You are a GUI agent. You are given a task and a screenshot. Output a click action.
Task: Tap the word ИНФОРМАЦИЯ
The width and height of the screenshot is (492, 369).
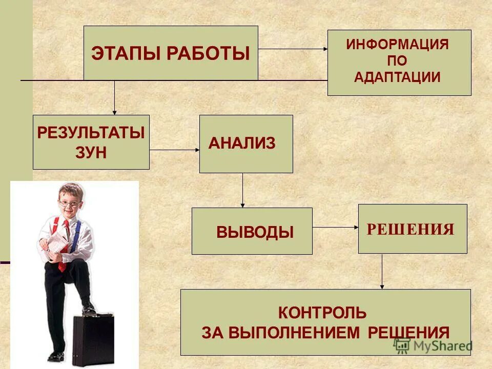coord(398,44)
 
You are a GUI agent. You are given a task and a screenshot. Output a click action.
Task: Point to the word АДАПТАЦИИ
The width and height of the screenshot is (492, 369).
coord(398,77)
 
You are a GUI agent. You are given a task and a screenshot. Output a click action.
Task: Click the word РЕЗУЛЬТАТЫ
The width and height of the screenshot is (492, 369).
coord(91,133)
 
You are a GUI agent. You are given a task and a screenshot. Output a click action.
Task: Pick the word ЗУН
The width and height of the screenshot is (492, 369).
coord(90,153)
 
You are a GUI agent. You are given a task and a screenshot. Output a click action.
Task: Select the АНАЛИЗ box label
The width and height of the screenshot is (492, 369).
coord(242,144)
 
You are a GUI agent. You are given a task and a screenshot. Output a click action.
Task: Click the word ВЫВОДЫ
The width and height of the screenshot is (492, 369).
coord(255,232)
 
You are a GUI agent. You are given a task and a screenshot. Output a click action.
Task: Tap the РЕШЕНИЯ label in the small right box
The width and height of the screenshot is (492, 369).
coord(411,229)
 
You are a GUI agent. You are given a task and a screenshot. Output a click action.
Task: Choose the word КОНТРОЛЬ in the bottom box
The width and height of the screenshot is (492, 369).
coord(322,311)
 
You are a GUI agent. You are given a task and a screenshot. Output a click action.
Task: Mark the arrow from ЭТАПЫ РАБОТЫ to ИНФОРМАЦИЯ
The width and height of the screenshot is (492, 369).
coord(292,49)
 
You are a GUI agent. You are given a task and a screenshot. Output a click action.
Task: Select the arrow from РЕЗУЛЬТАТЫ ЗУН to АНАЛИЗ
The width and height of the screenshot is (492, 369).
coord(174,150)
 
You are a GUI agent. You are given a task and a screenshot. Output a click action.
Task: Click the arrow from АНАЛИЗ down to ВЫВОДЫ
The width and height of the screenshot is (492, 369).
coord(243,190)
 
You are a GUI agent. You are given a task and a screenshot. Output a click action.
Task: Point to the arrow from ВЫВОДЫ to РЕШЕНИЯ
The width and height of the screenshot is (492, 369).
coord(335,227)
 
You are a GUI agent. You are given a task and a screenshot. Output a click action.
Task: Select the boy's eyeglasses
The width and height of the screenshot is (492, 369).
coord(69,202)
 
